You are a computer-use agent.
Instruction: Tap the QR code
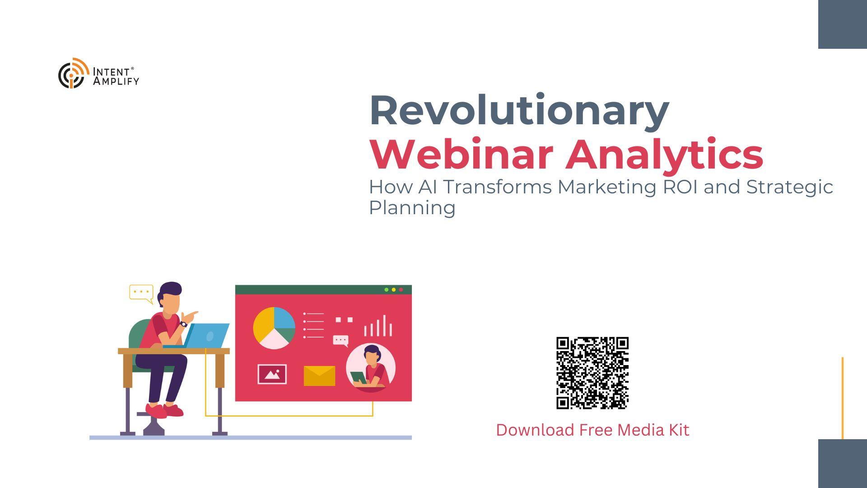592,373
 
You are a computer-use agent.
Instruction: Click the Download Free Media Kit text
592,430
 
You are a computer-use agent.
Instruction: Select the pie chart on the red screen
274,328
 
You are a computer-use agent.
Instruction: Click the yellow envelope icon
320,376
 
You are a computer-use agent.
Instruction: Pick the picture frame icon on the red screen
272,374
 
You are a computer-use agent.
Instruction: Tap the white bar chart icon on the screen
378,326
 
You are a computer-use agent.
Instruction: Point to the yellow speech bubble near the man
141,293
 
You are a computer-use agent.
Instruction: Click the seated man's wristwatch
184,324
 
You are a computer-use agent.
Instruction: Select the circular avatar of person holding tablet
371,368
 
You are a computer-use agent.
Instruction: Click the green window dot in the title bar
387,290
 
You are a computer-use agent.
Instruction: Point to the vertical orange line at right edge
843,398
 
